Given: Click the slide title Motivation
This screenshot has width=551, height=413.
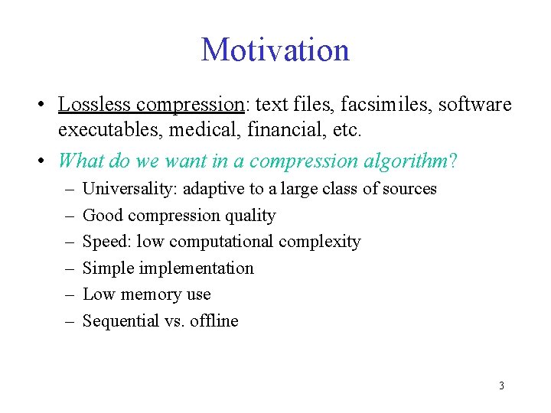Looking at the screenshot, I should (x=275, y=50).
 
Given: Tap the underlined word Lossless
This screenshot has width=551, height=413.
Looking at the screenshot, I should (x=94, y=104).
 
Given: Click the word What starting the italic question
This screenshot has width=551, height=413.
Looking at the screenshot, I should (x=79, y=161).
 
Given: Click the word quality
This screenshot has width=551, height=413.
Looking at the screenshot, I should (x=249, y=216).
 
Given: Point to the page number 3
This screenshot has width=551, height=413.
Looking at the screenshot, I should (x=501, y=385).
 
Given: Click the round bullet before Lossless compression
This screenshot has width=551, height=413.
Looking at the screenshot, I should (x=47, y=105).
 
